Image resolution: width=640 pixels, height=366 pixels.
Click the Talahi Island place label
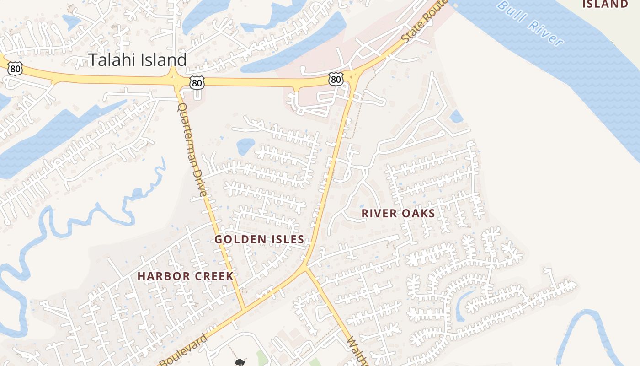[138, 60]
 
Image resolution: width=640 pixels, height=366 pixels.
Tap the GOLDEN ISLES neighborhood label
[259, 239]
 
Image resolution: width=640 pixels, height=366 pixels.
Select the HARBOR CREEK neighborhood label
[186, 276]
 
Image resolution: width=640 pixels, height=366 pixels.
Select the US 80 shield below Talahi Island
[197, 83]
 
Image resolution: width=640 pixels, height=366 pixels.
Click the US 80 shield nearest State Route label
[336, 80]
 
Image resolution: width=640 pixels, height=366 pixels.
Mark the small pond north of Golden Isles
[245, 146]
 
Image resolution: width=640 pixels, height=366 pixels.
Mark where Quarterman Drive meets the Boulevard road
[244, 307]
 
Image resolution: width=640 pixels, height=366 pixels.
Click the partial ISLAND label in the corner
[605, 5]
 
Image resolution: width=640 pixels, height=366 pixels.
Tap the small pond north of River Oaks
[456, 116]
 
